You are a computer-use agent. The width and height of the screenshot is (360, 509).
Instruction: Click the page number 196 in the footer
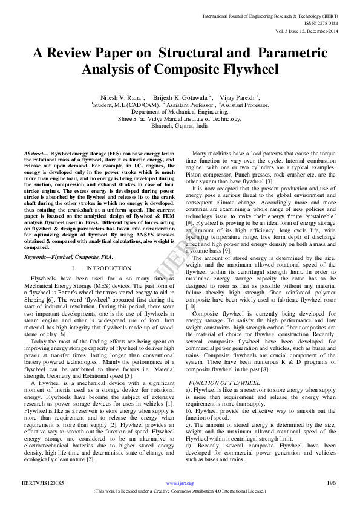point(330,484)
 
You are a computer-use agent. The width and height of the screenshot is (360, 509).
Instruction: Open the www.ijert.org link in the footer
point(180,484)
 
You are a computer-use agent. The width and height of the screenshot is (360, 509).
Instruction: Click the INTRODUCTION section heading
point(108,268)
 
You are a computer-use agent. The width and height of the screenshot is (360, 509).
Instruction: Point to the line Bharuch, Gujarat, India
point(180,126)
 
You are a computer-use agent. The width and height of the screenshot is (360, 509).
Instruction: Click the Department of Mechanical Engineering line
point(180,112)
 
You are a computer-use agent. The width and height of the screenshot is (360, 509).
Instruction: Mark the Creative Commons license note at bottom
point(180,492)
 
